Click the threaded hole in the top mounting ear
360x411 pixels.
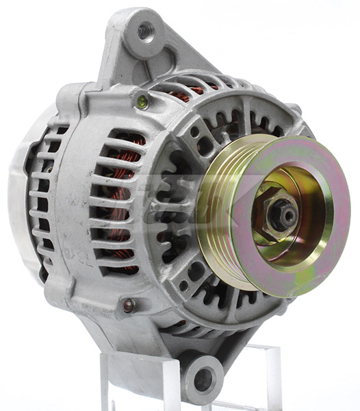tap(144, 30)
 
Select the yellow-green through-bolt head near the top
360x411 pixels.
tap(142, 102)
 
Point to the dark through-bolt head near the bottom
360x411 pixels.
tap(127, 306)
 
